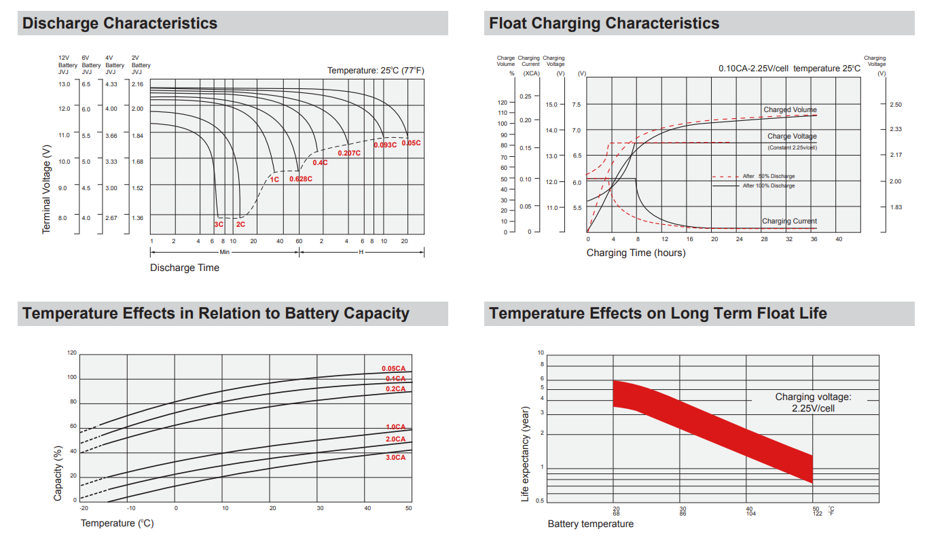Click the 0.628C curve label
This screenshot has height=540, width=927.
click(301, 179)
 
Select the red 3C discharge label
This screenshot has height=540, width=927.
click(219, 224)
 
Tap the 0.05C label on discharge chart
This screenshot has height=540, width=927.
click(411, 143)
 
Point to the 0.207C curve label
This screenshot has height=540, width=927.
click(349, 154)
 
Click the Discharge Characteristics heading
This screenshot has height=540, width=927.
click(120, 23)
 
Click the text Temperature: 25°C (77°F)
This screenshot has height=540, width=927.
click(376, 71)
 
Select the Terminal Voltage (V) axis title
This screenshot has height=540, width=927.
click(46, 189)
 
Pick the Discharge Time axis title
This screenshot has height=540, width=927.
click(185, 268)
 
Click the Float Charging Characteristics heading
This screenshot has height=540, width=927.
click(604, 23)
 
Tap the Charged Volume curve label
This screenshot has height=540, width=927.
click(790, 110)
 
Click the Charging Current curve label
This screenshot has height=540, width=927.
click(789, 221)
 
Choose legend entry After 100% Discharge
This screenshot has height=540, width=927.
click(768, 185)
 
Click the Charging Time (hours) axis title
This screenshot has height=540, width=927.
click(636, 253)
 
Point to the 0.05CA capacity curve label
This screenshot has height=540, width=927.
click(393, 369)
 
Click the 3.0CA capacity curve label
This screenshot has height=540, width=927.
click(395, 458)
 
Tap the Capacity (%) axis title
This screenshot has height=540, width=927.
click(58, 473)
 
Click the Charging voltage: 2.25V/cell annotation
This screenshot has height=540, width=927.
click(813, 402)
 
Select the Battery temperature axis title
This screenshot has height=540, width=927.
click(590, 524)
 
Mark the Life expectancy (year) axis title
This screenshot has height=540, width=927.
click(525, 454)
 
